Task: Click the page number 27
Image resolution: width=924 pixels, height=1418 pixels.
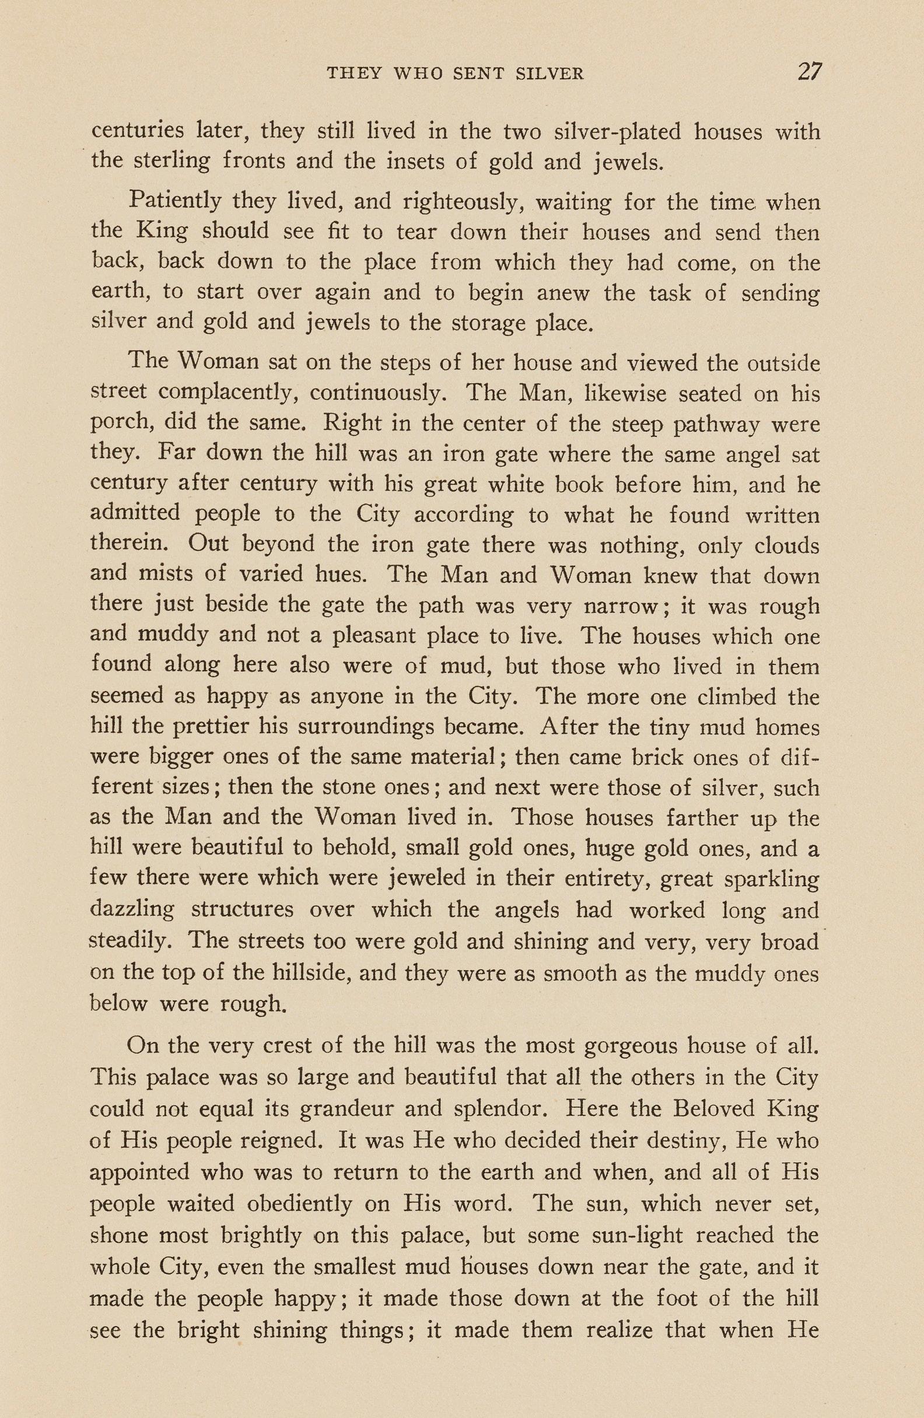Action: (810, 72)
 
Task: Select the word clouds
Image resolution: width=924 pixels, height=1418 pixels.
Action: (787, 545)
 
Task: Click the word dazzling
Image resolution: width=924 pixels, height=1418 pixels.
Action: (132, 910)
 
